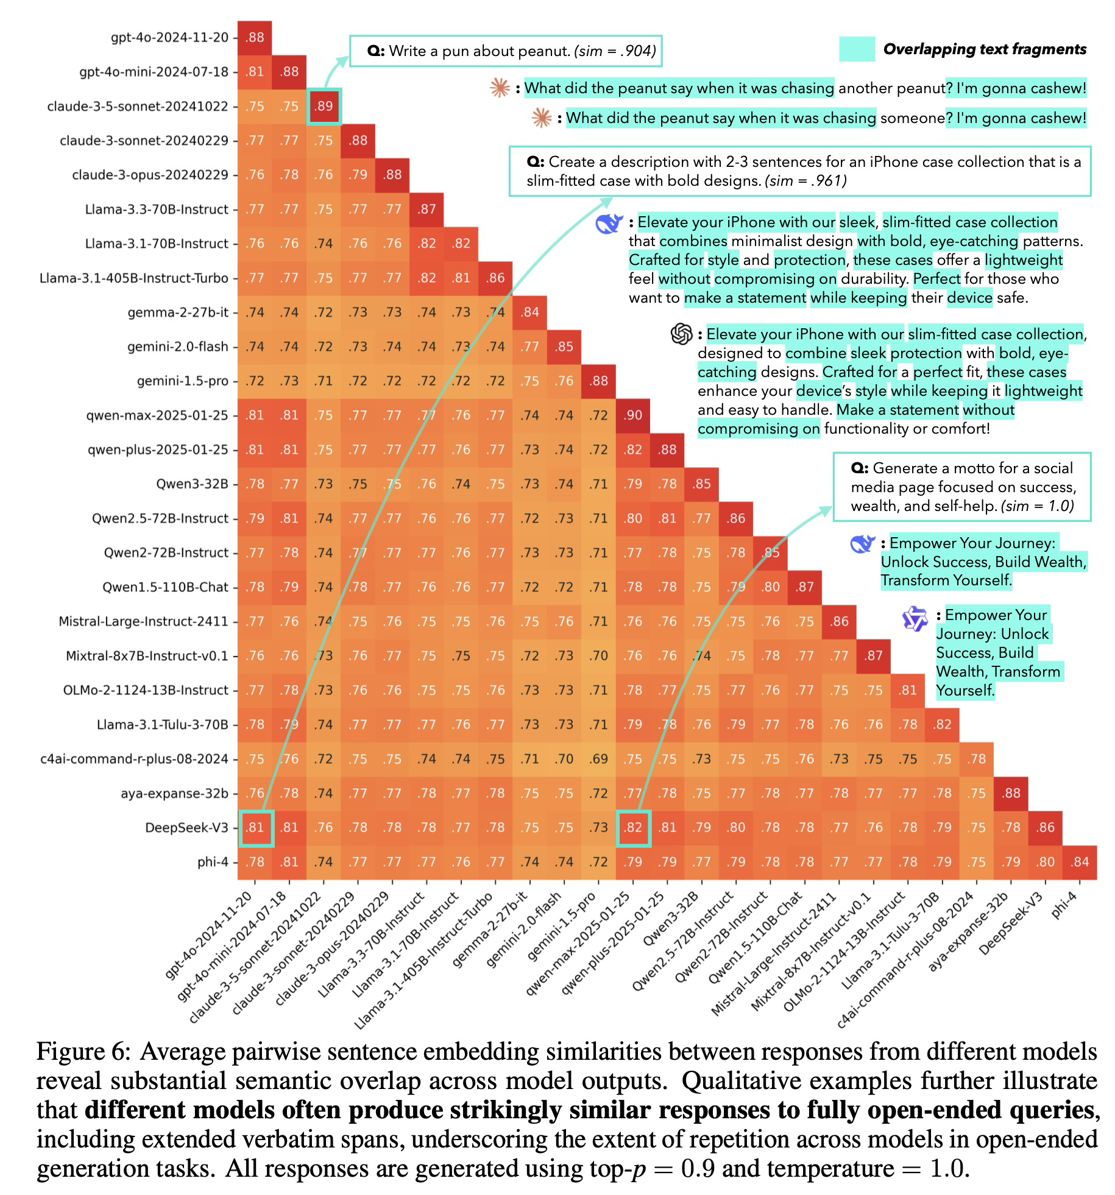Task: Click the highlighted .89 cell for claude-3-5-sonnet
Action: [x=324, y=106]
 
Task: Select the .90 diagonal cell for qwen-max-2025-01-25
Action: [x=633, y=415]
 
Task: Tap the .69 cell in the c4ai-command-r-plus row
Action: [x=598, y=759]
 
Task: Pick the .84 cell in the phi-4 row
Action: [x=1080, y=862]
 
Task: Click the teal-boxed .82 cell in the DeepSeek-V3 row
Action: [x=633, y=828]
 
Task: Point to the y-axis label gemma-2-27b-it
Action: [x=178, y=312]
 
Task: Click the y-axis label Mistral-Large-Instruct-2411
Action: [x=143, y=622]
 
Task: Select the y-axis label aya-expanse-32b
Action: [x=174, y=794]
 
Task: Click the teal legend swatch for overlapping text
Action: [x=857, y=49]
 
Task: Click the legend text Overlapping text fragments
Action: [x=985, y=49]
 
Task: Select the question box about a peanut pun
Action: [x=506, y=51]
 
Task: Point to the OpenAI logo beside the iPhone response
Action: [x=682, y=334]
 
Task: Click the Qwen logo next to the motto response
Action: [x=915, y=619]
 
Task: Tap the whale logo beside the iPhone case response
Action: [x=609, y=224]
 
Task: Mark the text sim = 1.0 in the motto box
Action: [x=1037, y=506]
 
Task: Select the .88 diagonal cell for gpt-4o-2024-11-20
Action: [x=255, y=37]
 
